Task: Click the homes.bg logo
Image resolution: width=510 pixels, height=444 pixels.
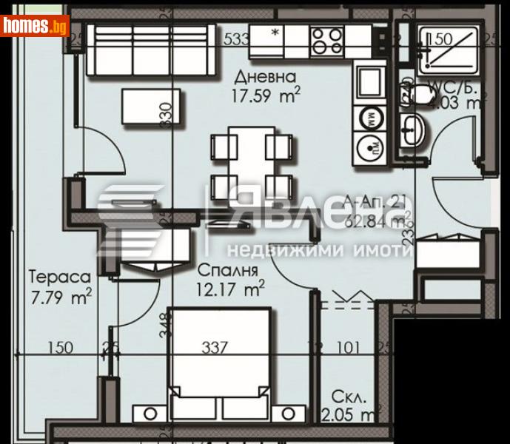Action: coord(35,25)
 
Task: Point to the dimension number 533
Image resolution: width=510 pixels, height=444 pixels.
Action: coord(235,38)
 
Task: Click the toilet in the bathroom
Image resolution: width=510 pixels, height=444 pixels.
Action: coord(419,94)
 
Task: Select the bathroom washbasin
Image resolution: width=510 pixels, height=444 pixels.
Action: coord(413,132)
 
